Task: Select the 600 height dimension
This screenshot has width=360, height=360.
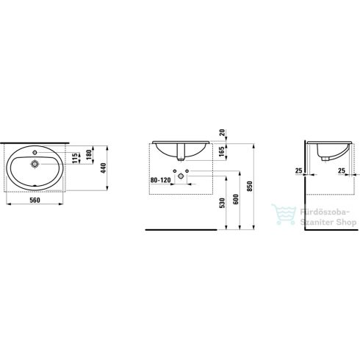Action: click(234, 200)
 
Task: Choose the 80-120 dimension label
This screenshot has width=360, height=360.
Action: click(159, 179)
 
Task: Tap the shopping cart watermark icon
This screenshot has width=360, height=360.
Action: click(279, 214)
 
